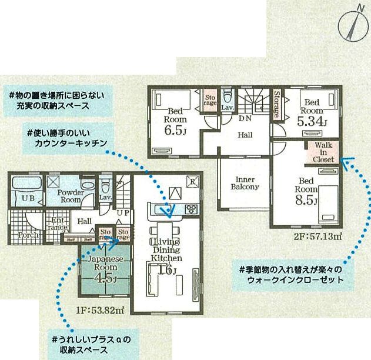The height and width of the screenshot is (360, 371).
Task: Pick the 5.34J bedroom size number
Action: point(312,122)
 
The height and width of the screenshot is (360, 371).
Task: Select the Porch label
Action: point(28,235)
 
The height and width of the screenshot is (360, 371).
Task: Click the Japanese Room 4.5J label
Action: point(105,268)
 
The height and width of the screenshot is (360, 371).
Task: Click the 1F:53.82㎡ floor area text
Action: point(98,309)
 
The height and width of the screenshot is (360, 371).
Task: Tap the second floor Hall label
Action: point(245,135)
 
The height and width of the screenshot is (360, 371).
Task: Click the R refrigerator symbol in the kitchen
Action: point(192,181)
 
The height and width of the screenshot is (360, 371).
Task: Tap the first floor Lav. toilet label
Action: point(106,198)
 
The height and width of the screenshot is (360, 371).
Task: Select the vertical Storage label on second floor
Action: point(276,104)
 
